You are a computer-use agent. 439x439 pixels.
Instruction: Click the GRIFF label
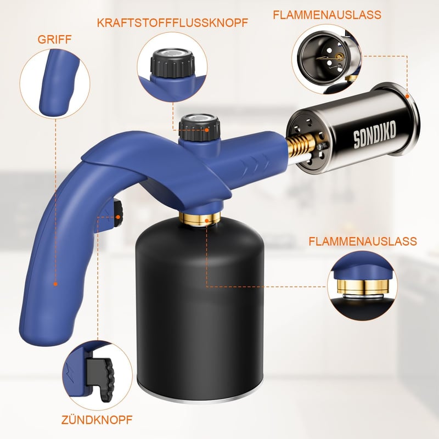pos(54,40)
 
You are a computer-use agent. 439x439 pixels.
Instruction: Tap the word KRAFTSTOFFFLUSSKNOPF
pos(172,23)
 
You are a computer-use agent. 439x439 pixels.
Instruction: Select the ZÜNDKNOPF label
pos(97,420)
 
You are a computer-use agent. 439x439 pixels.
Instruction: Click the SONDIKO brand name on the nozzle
pos(375,134)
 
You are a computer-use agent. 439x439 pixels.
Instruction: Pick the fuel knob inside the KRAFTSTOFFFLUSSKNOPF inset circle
pos(172,64)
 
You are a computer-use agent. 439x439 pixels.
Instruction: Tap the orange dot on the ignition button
pos(118,217)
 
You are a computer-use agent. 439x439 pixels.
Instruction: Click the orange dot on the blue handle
pos(55,284)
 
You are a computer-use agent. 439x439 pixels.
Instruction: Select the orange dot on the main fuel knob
pos(207,130)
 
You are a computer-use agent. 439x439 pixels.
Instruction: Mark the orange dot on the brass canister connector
pos(207,221)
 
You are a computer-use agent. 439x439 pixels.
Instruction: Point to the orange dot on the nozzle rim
pos(407,96)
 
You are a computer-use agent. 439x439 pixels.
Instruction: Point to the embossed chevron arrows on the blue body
pos(257,165)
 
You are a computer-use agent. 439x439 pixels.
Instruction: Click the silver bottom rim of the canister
pos(200,397)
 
